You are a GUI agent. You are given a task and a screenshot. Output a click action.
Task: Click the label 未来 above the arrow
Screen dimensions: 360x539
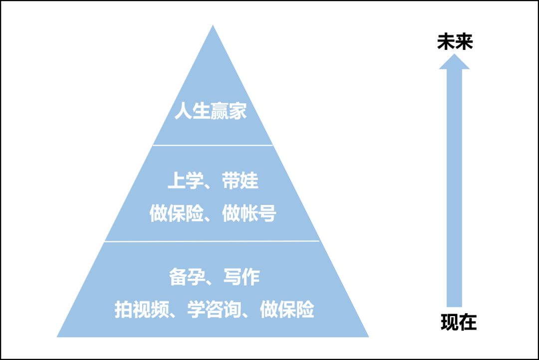click(x=455, y=42)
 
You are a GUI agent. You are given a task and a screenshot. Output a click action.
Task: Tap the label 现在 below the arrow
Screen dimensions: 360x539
click(x=459, y=323)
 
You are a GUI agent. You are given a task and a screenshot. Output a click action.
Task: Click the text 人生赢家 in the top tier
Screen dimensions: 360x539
click(x=211, y=111)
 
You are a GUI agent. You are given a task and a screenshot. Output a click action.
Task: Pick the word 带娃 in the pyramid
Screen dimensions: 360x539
click(x=241, y=181)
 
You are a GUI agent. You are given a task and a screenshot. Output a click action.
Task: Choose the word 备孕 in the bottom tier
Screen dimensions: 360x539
click(x=184, y=277)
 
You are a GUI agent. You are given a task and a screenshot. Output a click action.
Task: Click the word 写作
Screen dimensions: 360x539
click(x=242, y=277)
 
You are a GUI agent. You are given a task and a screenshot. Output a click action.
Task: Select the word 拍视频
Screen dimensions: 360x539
click(x=134, y=309)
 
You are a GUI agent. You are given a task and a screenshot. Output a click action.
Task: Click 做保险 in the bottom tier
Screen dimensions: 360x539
click(x=287, y=309)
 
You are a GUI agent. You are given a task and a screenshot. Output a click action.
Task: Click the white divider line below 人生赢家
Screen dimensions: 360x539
click(x=213, y=145)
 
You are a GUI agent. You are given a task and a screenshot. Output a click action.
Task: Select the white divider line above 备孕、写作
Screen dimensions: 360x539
click(x=213, y=241)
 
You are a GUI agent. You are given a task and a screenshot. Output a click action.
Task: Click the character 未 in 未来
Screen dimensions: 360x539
click(x=445, y=42)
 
